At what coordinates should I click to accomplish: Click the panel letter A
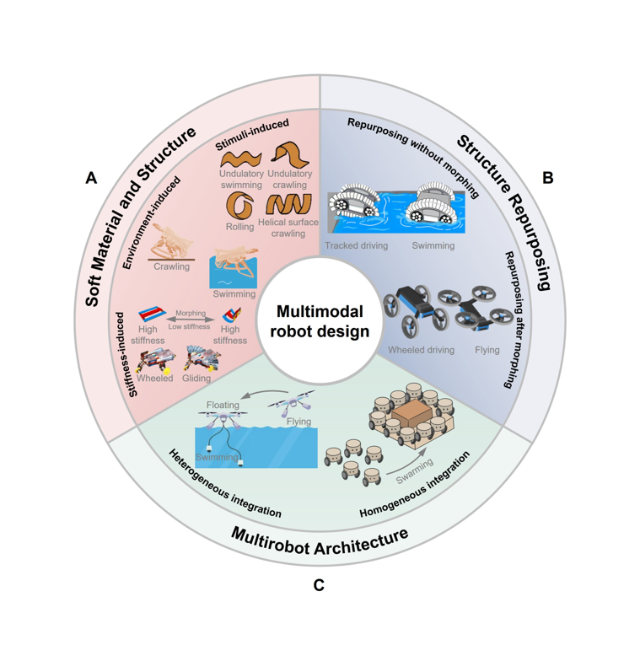pyautogui.click(x=91, y=178)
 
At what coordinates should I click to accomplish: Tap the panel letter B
pyautogui.click(x=547, y=178)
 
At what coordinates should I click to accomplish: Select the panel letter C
pyautogui.click(x=319, y=585)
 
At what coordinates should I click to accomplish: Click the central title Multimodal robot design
pyautogui.click(x=320, y=321)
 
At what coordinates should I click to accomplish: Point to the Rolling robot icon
pyautogui.click(x=239, y=205)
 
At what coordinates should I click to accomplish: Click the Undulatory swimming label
pyautogui.click(x=241, y=180)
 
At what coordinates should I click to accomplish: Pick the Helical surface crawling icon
pyautogui.click(x=288, y=204)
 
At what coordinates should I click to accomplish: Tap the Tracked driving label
pyautogui.click(x=356, y=245)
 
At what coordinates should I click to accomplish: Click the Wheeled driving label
pyautogui.click(x=421, y=350)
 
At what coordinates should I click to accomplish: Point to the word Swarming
pyautogui.click(x=415, y=470)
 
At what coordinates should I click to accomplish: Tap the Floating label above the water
pyautogui.click(x=223, y=406)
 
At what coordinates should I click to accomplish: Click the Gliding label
pyautogui.click(x=196, y=379)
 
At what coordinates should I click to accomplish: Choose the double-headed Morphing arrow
pyautogui.click(x=191, y=320)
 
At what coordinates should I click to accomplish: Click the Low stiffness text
pyautogui.click(x=189, y=326)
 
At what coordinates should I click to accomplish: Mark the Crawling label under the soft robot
pyautogui.click(x=171, y=266)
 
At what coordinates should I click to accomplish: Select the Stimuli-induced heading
pyautogui.click(x=252, y=135)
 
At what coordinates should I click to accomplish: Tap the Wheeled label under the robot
pyautogui.click(x=154, y=379)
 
